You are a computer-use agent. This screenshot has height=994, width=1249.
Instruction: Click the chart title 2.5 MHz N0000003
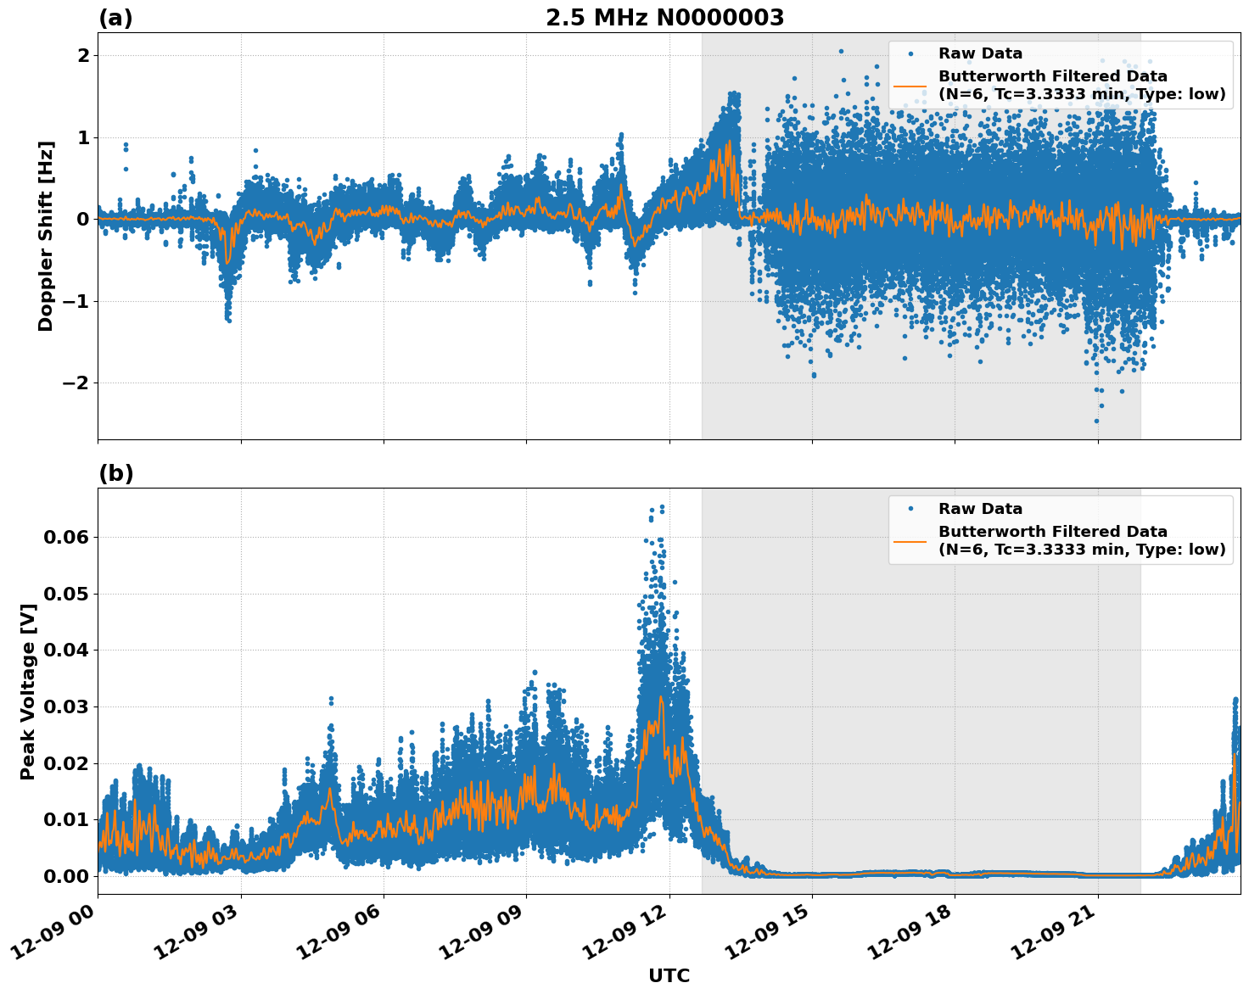click(664, 18)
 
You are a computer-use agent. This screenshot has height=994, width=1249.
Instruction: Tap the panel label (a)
click(115, 18)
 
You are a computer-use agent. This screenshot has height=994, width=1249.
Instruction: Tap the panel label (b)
click(115, 473)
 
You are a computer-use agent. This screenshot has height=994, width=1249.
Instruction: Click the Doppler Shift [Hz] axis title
click(46, 236)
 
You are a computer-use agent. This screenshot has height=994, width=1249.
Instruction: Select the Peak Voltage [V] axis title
click(28, 691)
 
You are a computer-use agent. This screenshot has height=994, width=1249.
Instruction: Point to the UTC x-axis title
click(669, 975)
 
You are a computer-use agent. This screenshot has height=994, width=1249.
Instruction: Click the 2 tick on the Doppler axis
click(83, 56)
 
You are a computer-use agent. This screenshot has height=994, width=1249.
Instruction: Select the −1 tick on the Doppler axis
click(77, 301)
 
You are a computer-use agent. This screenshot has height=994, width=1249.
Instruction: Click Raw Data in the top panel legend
click(980, 54)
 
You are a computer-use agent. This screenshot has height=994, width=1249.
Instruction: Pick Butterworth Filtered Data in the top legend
click(1052, 77)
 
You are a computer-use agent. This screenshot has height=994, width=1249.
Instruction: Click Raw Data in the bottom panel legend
click(980, 510)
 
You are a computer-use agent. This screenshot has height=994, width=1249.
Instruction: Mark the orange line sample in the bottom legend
click(910, 541)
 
